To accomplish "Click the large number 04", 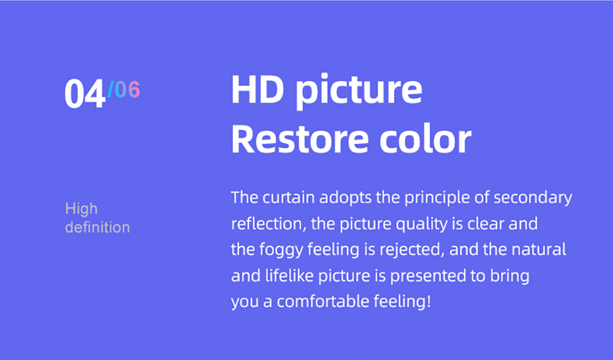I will point(85,94).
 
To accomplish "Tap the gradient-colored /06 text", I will point(124,90).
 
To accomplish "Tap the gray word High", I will point(81,210).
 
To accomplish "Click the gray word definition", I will point(97,227).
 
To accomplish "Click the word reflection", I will point(267,224).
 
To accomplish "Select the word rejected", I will point(413,251).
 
